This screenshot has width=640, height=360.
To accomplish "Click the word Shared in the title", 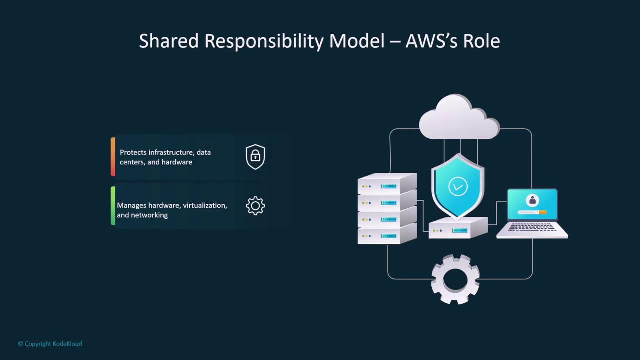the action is pyautogui.click(x=169, y=41).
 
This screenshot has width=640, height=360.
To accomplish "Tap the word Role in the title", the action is pyautogui.click(x=481, y=41).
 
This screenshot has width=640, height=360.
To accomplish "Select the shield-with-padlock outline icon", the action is pyautogui.click(x=255, y=157).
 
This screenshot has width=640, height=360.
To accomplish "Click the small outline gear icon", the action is pyautogui.click(x=255, y=206).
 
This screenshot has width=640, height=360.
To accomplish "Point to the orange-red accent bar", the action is pyautogui.click(x=113, y=157).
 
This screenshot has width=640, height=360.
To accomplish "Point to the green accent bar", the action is pyautogui.click(x=113, y=206).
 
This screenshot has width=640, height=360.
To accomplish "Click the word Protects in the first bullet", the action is pyautogui.click(x=133, y=152).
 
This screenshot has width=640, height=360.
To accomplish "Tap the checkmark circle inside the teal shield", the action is pyautogui.click(x=458, y=187).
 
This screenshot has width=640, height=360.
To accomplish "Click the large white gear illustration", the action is pyautogui.click(x=455, y=279).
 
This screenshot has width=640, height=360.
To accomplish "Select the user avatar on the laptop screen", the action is pyautogui.click(x=532, y=200).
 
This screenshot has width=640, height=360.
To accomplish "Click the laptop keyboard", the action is pyautogui.click(x=532, y=227).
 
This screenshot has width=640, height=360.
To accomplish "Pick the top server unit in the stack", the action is pyautogui.click(x=387, y=184).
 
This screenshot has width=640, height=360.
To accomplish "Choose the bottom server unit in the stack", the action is pyautogui.click(x=387, y=234).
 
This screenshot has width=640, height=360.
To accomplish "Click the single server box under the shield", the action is pyautogui.click(x=458, y=228).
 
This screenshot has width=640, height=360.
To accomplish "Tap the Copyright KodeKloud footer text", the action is pyautogui.click(x=50, y=344).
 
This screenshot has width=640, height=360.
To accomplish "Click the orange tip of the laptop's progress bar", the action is pyautogui.click(x=543, y=212).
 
